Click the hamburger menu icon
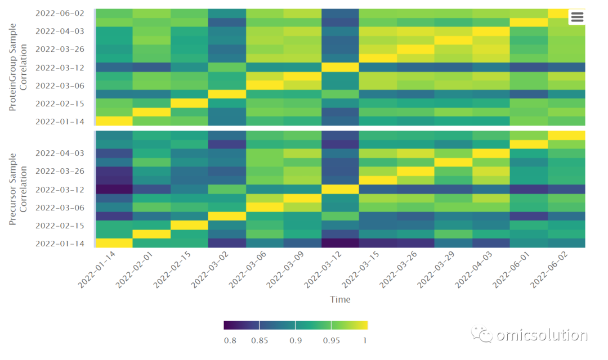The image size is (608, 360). tap(577, 17)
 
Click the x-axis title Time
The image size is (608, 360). tap(340, 300)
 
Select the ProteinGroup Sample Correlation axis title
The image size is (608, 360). tap(18, 67)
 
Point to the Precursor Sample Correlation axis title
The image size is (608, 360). tap(18, 189)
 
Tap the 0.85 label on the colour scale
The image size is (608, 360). tap(260, 341)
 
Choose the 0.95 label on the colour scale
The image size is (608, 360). tap(332, 341)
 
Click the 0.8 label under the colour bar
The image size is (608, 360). tap(230, 341)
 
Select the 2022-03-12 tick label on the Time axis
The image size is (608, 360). tap(323, 269)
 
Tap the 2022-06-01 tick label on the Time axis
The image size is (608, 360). tap(511, 269)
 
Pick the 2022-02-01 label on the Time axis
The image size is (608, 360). tap(134, 269)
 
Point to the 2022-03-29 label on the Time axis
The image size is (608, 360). tap(436, 269)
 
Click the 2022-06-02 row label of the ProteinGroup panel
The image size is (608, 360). tap(60, 13)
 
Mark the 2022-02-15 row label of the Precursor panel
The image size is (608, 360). tap(60, 226)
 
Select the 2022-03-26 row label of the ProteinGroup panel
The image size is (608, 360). tap(60, 49)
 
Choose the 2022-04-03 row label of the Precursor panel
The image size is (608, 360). tap(60, 153)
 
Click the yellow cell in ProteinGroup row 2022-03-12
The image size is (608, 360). tap(340, 67)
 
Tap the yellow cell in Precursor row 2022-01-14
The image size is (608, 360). tap(114, 243)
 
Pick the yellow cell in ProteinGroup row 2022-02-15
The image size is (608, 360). tap(189, 103)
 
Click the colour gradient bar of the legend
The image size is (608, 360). tap(296, 325)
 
